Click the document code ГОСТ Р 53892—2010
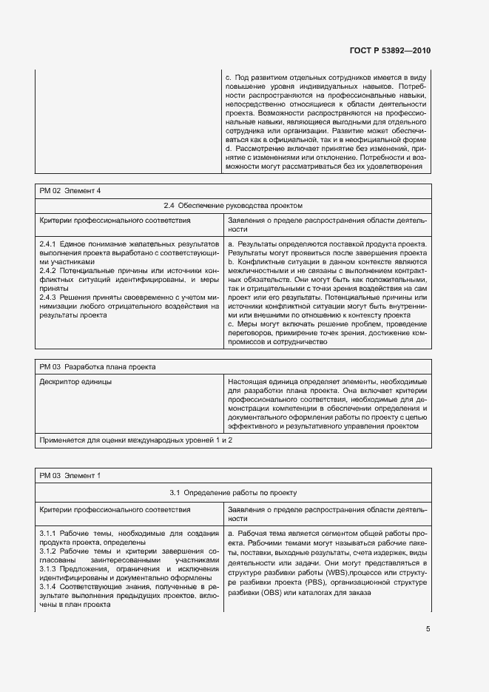click(391, 50)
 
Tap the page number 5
click(428, 629)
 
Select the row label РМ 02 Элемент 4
click(70, 191)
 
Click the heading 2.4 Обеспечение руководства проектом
click(233, 206)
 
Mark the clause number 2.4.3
click(48, 297)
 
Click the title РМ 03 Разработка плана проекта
click(97, 366)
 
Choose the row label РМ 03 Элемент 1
click(70, 475)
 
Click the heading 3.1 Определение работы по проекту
click(233, 491)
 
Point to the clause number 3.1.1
click(48, 533)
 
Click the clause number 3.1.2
click(48, 551)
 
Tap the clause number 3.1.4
click(48, 586)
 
